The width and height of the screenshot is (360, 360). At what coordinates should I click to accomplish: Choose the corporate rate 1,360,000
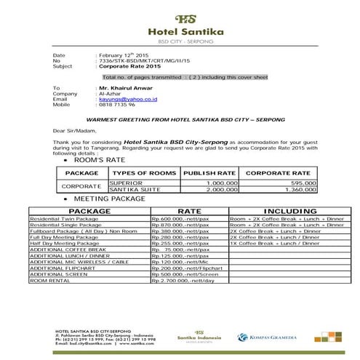[293, 189]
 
